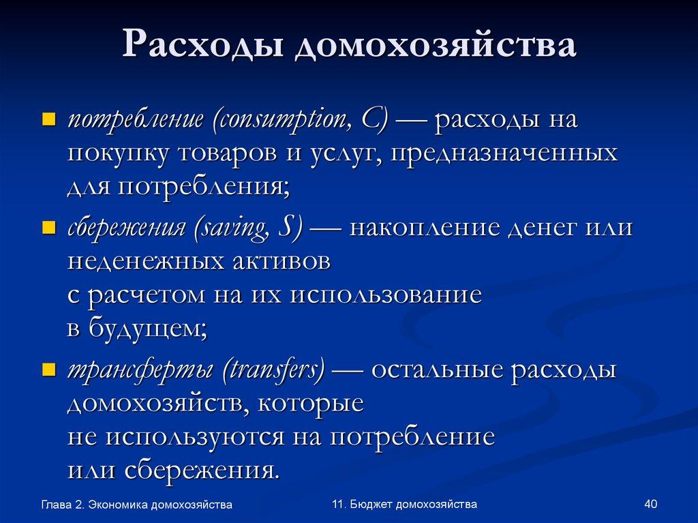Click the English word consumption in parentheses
[x=279, y=120]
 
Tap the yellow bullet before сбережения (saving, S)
[x=48, y=228]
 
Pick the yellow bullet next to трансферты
[x=48, y=370]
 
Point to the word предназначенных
[x=496, y=153]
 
